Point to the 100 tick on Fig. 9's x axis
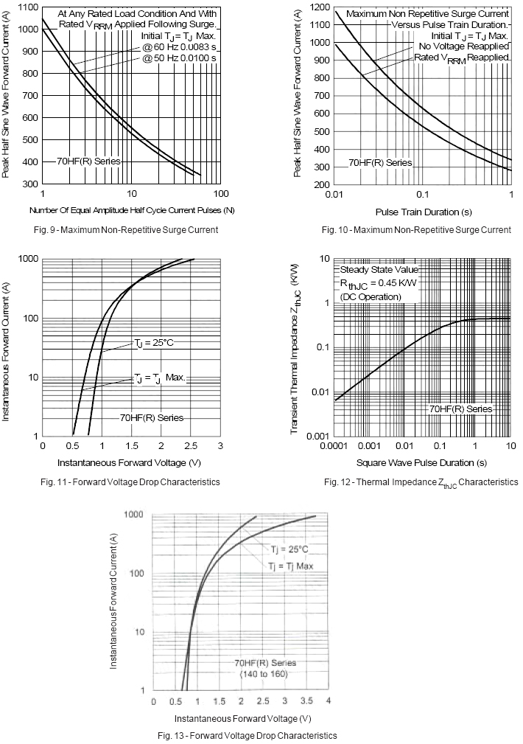221,193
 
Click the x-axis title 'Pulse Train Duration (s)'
424,212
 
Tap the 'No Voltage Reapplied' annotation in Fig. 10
458,46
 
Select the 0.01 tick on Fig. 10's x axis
334,193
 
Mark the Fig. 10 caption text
424,229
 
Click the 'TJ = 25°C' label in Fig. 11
153,343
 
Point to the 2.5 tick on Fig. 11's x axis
190,446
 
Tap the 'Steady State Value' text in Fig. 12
379,270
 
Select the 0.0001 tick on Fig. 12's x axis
334,446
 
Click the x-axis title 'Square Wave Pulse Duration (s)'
421,463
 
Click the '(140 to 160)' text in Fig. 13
263,674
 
